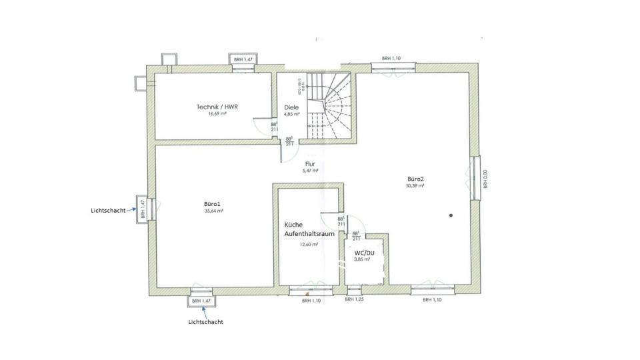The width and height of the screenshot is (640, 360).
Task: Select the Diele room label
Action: (x=291, y=107)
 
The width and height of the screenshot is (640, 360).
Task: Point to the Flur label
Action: (x=310, y=163)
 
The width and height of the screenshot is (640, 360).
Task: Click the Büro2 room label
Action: (x=417, y=179)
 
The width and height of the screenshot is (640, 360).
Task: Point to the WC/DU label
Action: (x=363, y=252)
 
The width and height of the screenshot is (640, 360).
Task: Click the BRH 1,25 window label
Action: (x=355, y=300)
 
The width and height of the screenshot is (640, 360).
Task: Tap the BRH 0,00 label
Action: (x=485, y=179)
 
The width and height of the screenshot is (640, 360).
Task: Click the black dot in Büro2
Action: (x=451, y=215)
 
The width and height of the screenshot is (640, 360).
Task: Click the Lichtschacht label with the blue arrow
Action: (x=108, y=210)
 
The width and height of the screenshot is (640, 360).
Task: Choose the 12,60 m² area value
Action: (x=309, y=245)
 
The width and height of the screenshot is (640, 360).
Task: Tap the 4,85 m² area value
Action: (x=292, y=114)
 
